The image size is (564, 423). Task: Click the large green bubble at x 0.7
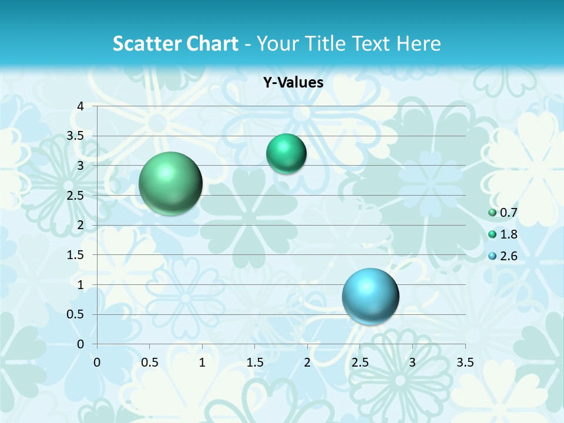(x=171, y=183)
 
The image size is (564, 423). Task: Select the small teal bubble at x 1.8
(x=286, y=154)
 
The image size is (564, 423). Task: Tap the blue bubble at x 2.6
(x=371, y=296)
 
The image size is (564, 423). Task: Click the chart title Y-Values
(x=293, y=83)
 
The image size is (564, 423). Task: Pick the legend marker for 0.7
(x=492, y=213)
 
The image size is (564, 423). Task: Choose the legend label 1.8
(x=509, y=234)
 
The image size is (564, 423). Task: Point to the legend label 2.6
(x=509, y=256)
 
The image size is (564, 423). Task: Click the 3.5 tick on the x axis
(x=465, y=362)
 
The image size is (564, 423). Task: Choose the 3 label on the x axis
(x=412, y=362)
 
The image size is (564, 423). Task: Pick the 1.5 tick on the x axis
(x=254, y=362)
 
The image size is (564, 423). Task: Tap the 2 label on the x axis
(x=307, y=362)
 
